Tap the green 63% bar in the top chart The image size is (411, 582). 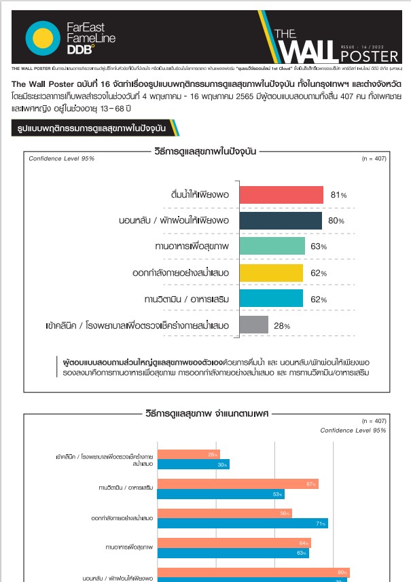(x=272, y=247)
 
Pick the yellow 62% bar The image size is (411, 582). (x=272, y=272)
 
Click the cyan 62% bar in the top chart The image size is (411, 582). (x=272, y=298)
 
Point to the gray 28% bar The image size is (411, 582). (x=254, y=325)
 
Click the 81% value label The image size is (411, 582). (x=338, y=195)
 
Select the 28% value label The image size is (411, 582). (x=282, y=325)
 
